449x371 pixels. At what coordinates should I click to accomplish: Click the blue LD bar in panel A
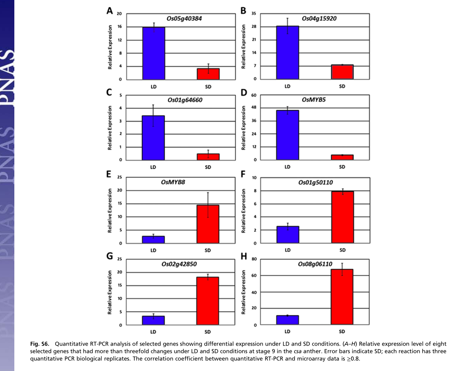pyautogui.click(x=154, y=53)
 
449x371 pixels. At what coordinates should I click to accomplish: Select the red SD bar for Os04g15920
pyautogui.click(x=342, y=72)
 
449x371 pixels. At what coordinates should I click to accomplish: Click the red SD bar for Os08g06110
pyautogui.click(x=342, y=297)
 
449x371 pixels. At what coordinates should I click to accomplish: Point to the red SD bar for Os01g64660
pyautogui.click(x=208, y=157)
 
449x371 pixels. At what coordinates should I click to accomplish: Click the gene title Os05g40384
pyautogui.click(x=184, y=19)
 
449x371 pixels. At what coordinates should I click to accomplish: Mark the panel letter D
pyautogui.click(x=244, y=93)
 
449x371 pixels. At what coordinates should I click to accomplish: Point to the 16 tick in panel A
pyautogui.click(x=119, y=27)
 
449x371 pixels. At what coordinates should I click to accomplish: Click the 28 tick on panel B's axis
pyautogui.click(x=254, y=27)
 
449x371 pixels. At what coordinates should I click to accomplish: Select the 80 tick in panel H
pyautogui.click(x=254, y=259)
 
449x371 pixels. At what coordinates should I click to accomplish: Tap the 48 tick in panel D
pyautogui.click(x=254, y=108)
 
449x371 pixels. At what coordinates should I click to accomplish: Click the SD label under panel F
pyautogui.click(x=342, y=250)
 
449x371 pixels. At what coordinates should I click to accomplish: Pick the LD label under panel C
pyautogui.click(x=154, y=167)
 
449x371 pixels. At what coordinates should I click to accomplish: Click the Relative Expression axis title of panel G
pyautogui.click(x=110, y=292)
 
